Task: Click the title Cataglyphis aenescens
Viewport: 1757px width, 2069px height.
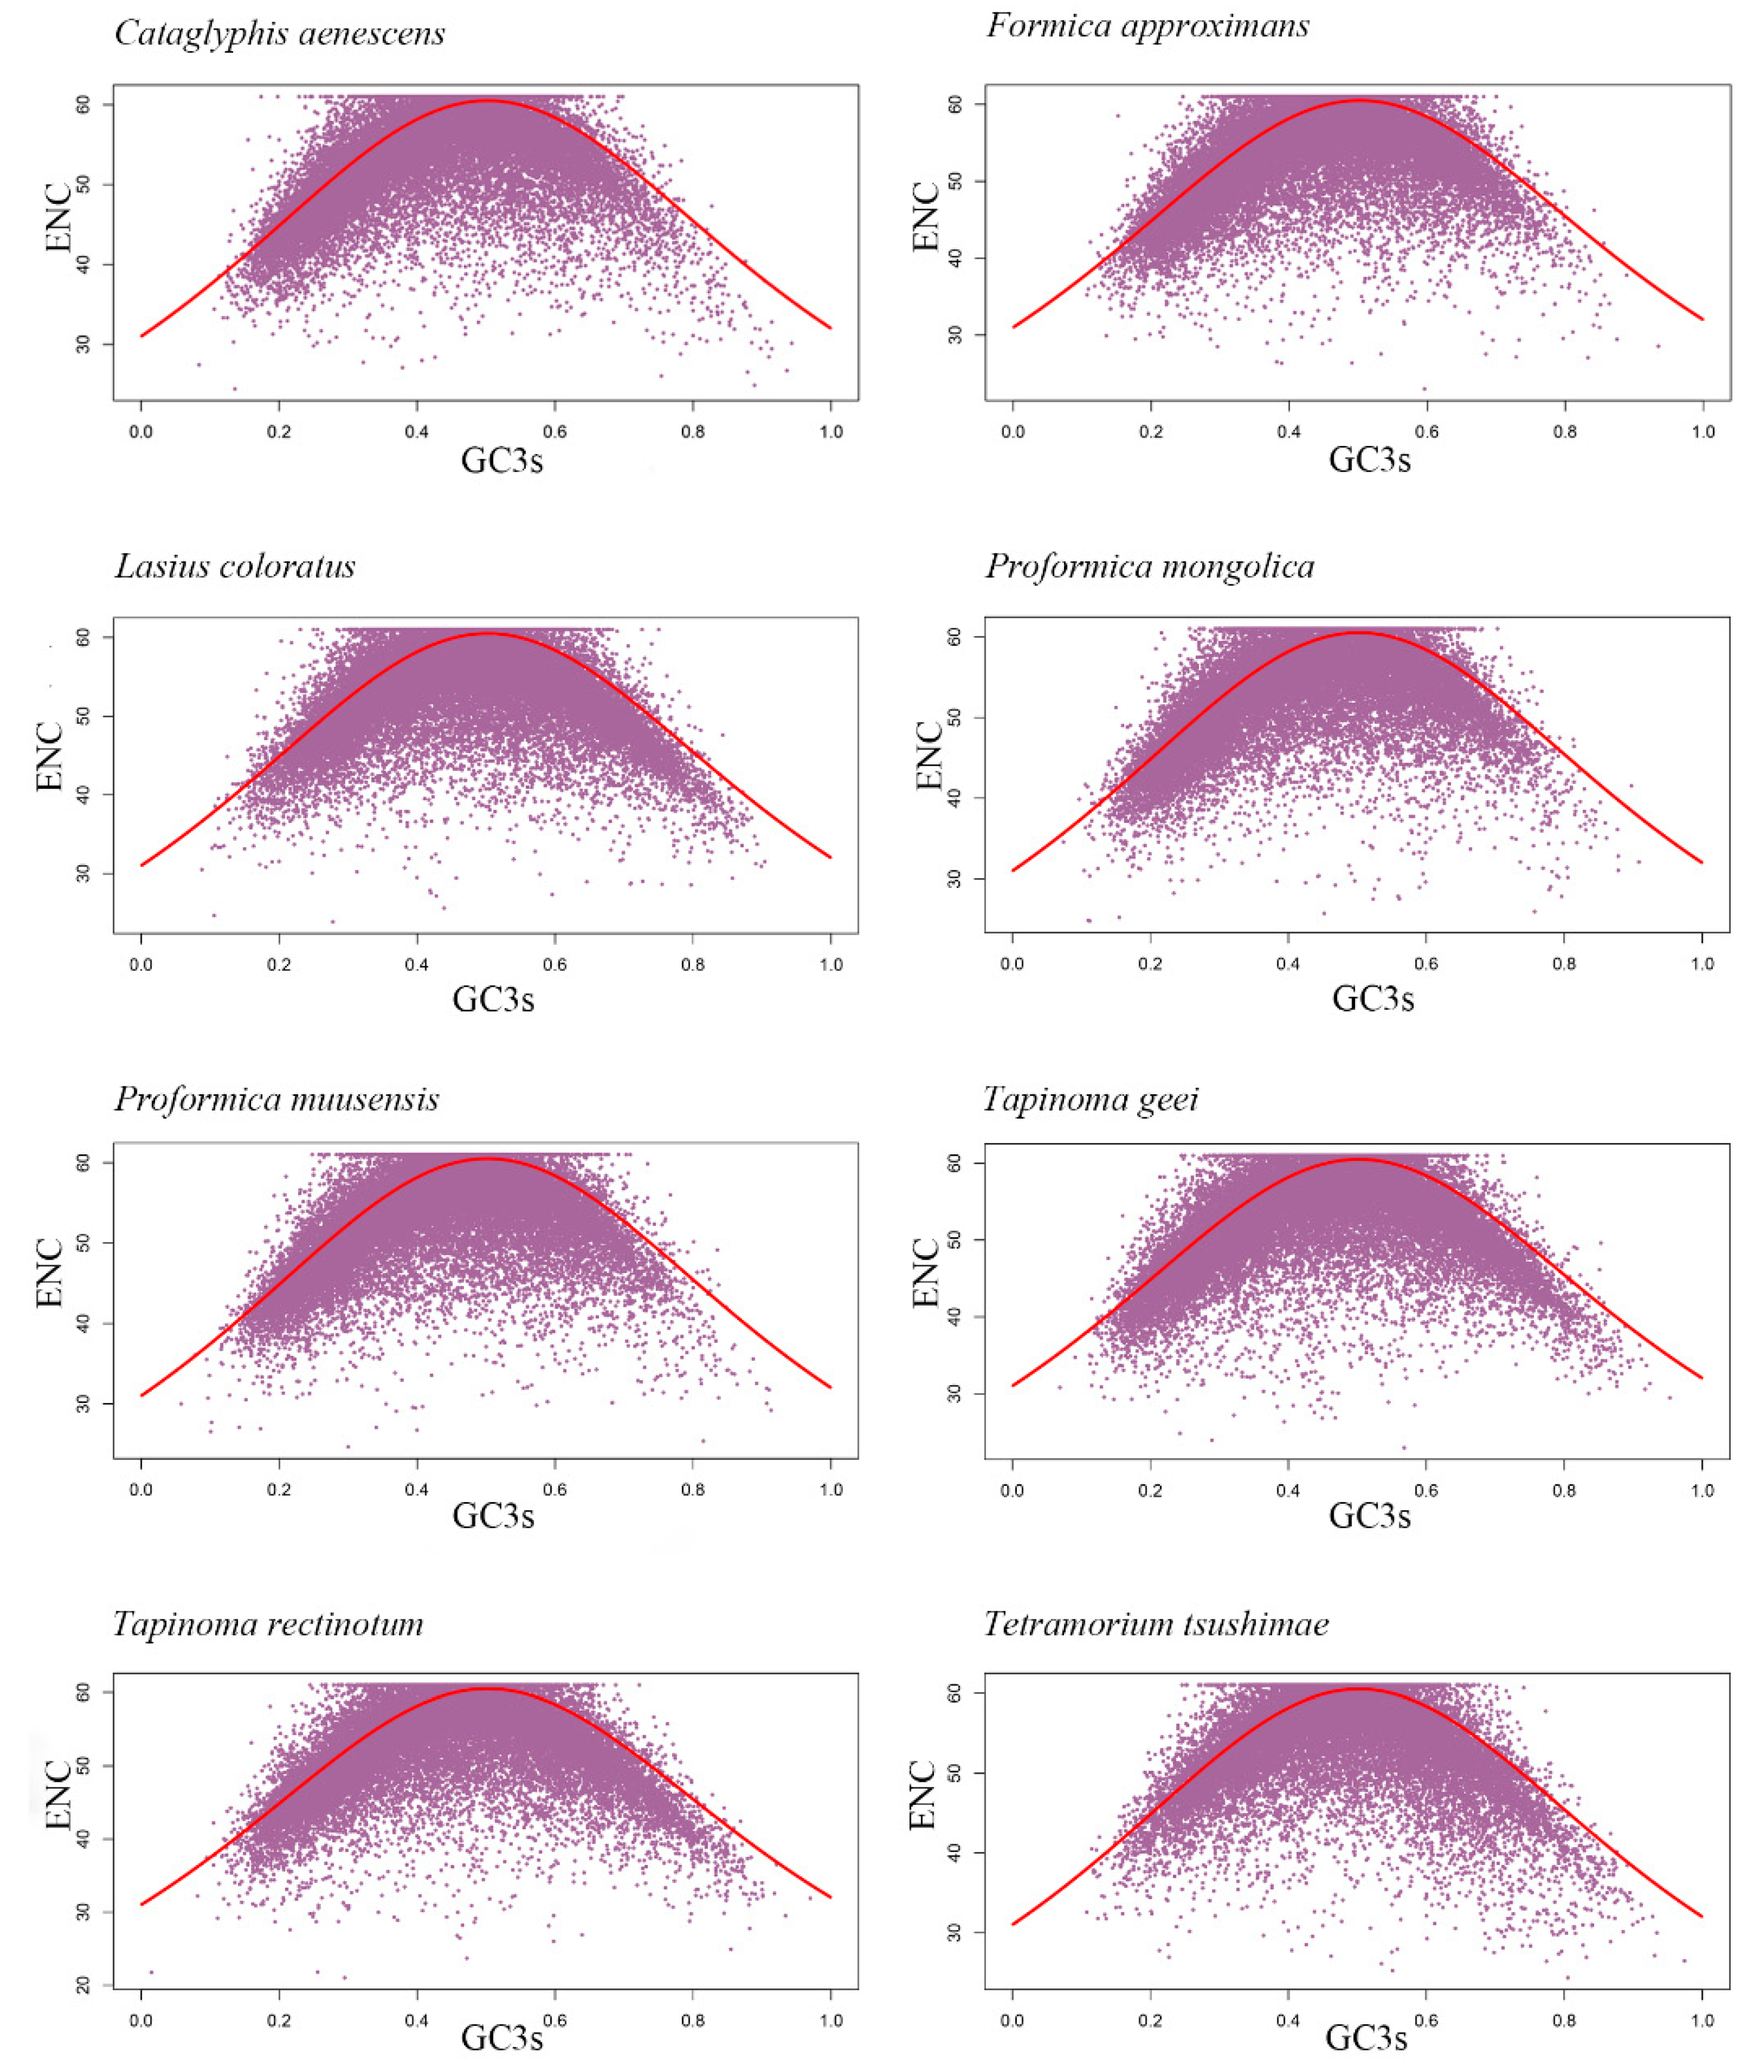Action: pyautogui.click(x=280, y=34)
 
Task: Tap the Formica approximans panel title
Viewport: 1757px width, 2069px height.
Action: pyautogui.click(x=1147, y=26)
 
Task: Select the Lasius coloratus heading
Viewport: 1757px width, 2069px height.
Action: pyautogui.click(x=235, y=566)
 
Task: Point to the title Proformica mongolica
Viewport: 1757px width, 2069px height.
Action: pyautogui.click(x=1149, y=566)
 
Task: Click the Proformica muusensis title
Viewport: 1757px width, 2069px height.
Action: pyautogui.click(x=277, y=1099)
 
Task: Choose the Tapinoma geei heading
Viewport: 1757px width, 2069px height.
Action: pyautogui.click(x=1091, y=1099)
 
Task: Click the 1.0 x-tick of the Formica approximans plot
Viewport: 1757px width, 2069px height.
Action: pyautogui.click(x=1702, y=432)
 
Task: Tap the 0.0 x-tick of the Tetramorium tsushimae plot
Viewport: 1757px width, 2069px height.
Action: pyautogui.click(x=1012, y=2021)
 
